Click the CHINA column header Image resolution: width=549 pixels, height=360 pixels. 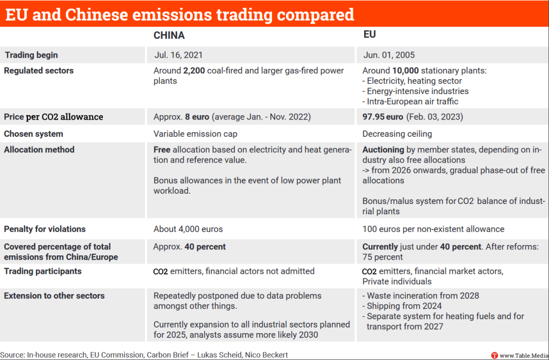tap(169, 35)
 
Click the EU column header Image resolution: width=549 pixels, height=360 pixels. tap(370, 34)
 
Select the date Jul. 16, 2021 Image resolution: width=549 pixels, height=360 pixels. tap(178, 55)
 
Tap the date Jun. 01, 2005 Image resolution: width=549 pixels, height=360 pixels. tap(389, 55)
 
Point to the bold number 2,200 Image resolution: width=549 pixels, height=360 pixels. tap(194, 70)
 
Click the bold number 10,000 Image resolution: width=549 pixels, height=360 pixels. tap(405, 70)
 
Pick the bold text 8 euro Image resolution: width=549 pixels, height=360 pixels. tap(197, 117)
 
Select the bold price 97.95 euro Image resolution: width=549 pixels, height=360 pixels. tap(383, 117)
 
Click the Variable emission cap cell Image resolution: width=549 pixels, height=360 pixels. tap(195, 134)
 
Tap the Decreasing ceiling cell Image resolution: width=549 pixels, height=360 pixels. tap(397, 134)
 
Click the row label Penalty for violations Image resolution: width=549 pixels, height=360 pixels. tap(45, 229)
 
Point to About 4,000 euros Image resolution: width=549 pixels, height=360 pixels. tap(188, 229)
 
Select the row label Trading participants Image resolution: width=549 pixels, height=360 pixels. tap(43, 271)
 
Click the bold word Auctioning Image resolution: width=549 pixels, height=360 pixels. tap(383, 150)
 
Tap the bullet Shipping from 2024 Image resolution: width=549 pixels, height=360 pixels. tap(402, 306)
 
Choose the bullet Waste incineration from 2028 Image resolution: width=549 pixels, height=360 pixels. tap(420, 296)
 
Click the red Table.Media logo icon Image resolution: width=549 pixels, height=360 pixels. tap(494, 356)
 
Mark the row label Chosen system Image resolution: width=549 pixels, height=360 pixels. tap(34, 134)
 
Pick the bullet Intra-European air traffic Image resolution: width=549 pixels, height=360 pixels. tap(410, 101)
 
